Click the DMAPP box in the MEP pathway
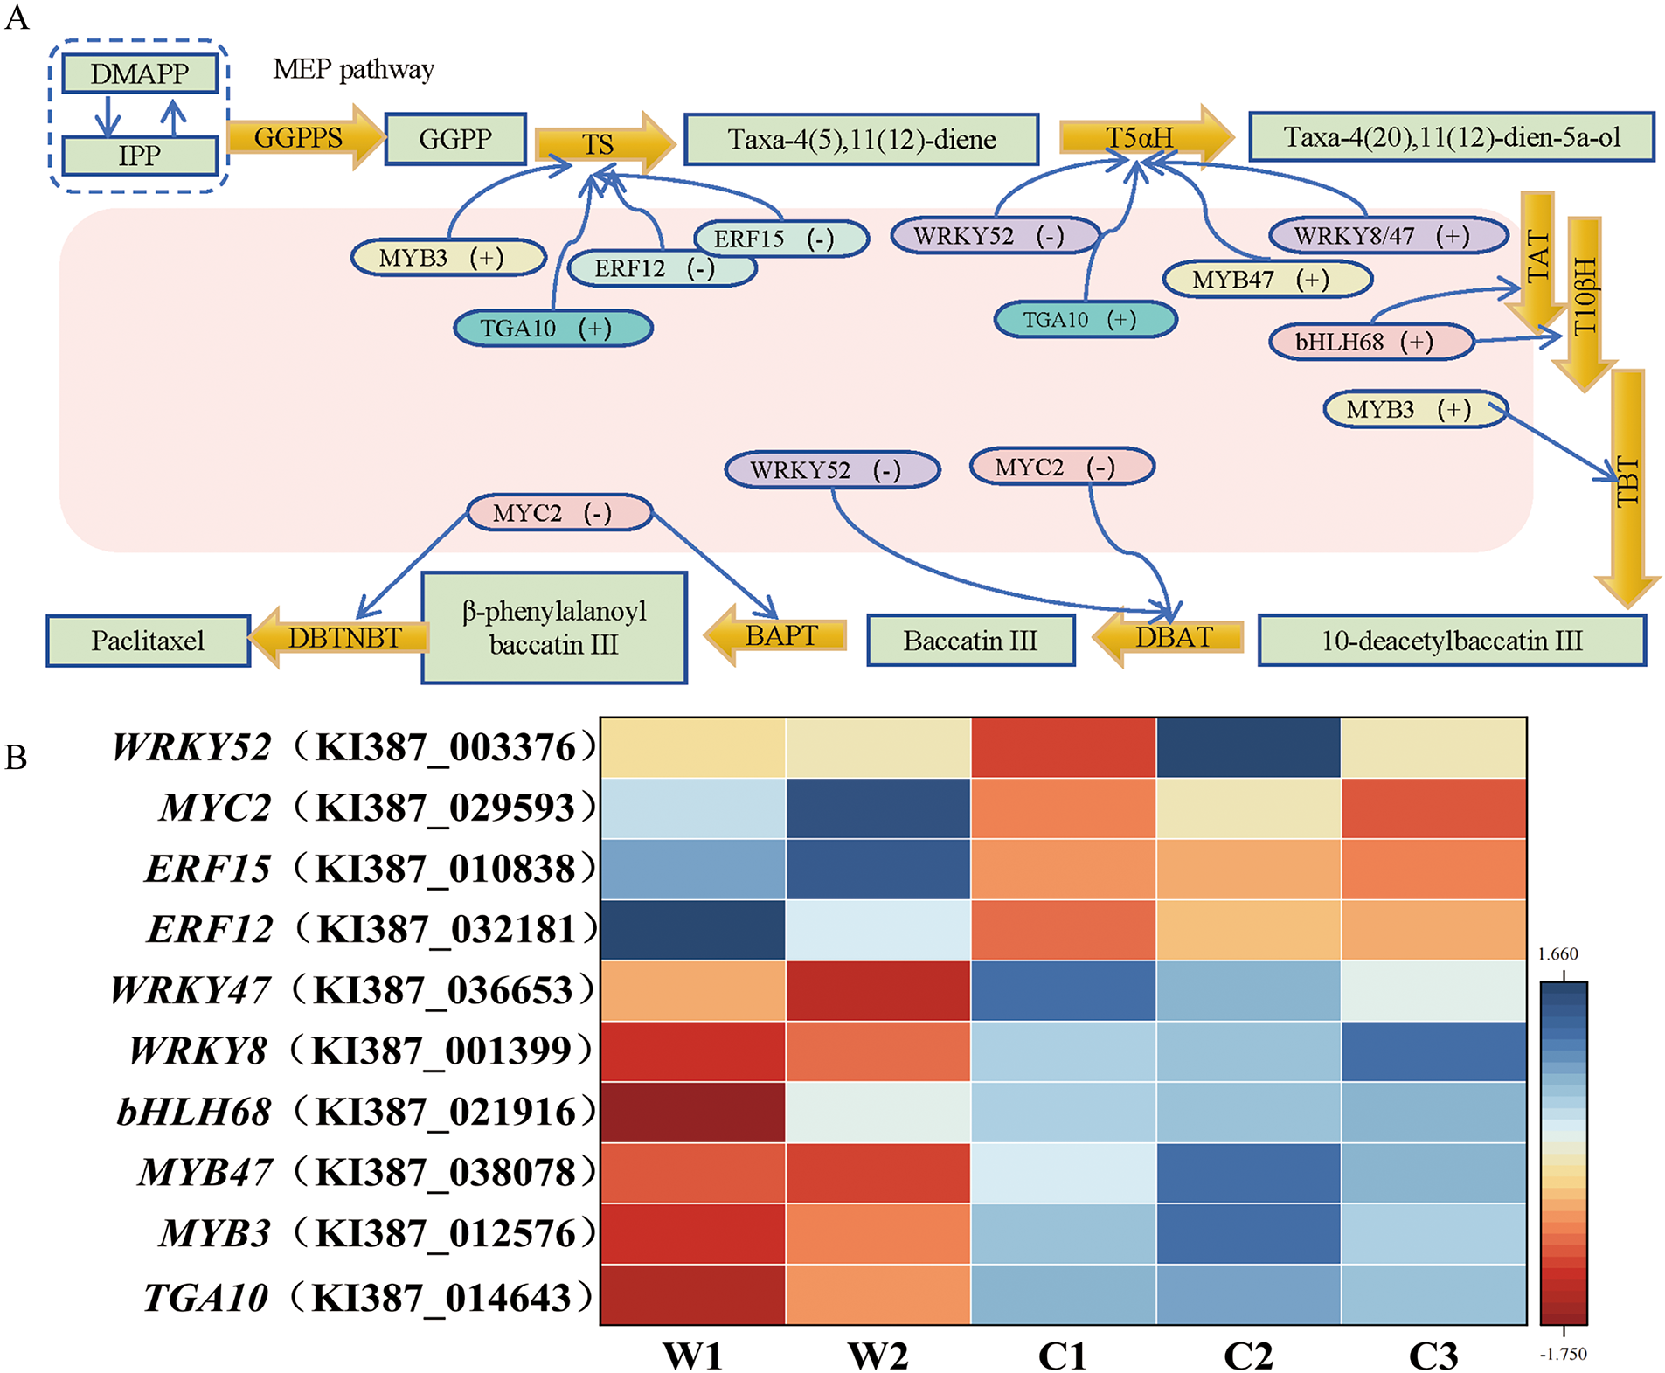tap(139, 73)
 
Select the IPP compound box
tap(139, 156)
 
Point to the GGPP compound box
tap(454, 138)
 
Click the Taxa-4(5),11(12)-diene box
tap(861, 139)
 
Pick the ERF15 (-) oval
tap(780, 239)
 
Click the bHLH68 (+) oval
tap(1370, 342)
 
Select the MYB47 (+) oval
tap(1266, 280)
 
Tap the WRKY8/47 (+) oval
tap(1388, 235)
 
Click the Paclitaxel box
tap(148, 641)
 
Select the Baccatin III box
tap(970, 641)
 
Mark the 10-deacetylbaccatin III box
tap(1451, 641)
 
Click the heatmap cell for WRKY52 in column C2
tap(1248, 747)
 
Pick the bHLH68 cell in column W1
tap(693, 1112)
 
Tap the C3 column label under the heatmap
tap(1433, 1356)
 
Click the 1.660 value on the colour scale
tap(1557, 954)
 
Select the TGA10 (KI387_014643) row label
tap(367, 1297)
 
